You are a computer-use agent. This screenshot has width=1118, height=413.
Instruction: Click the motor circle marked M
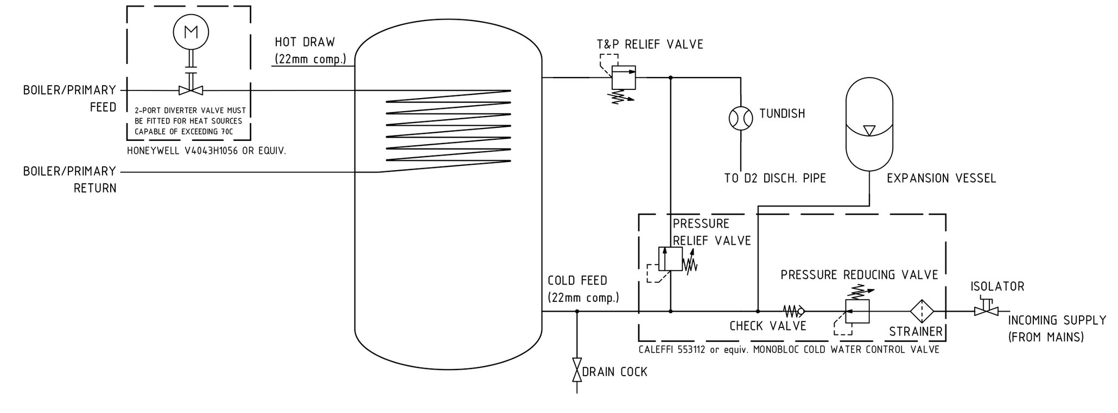[x=190, y=32]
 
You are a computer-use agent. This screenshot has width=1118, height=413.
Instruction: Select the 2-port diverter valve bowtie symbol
[x=190, y=90]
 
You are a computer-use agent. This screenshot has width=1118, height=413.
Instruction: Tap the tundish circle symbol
[x=740, y=117]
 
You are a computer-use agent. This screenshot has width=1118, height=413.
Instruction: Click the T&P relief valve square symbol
[x=624, y=78]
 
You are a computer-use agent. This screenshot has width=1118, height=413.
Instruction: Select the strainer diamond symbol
[x=922, y=312]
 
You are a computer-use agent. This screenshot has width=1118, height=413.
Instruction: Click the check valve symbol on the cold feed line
[x=794, y=311]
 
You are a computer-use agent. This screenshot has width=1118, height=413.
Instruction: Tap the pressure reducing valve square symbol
[x=858, y=311]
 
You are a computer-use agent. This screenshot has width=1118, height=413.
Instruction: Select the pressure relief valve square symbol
[x=671, y=259]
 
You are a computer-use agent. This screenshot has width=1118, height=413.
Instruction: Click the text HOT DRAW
[x=304, y=42]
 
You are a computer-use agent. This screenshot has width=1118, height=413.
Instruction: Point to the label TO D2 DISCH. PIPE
[x=775, y=178]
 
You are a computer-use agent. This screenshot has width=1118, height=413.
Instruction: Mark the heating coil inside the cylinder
[x=448, y=126]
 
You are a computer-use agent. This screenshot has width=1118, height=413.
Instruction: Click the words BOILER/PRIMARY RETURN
[x=69, y=180]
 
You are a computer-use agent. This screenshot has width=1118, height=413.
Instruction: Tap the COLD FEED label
[x=577, y=281]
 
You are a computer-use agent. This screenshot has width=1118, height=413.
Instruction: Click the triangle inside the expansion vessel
[x=869, y=131]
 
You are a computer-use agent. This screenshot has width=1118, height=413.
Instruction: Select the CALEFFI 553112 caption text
[x=789, y=350]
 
